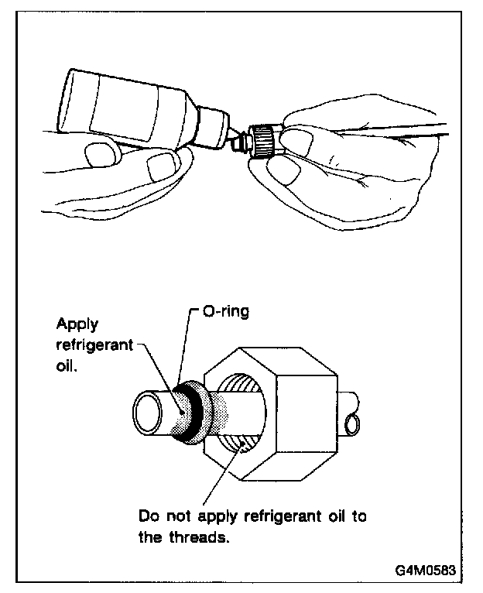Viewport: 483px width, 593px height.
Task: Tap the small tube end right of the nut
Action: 352,423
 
